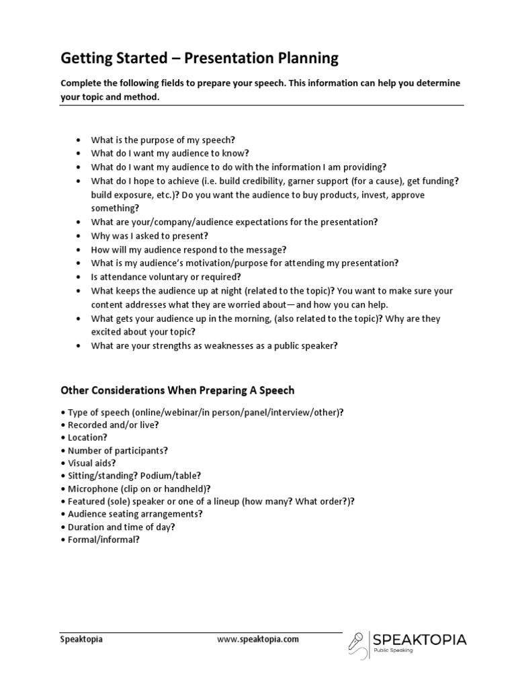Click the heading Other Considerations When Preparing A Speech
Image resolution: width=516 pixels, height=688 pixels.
coord(177,390)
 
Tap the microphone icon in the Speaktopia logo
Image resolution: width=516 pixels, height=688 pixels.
coord(357,643)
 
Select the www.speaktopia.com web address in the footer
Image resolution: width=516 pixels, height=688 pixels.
coord(258,640)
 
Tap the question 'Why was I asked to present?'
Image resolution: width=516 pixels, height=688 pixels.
coord(150,236)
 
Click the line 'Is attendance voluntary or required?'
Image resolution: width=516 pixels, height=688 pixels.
coord(166,277)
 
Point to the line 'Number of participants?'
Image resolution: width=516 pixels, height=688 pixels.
coord(114,450)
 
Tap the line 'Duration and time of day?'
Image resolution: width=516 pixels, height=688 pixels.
coord(122,527)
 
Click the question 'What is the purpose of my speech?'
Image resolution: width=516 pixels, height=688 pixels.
coord(163,140)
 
